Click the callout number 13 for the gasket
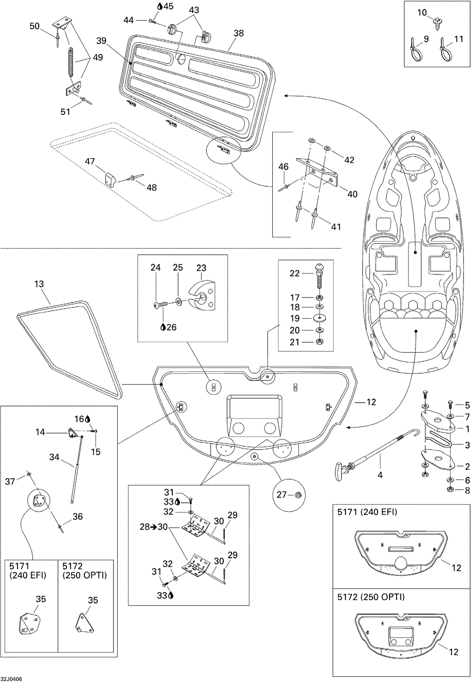(39, 284)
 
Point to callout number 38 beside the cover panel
(239, 33)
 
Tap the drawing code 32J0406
(11, 679)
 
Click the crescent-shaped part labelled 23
(203, 298)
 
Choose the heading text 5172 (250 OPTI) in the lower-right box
(371, 597)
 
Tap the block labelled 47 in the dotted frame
(110, 179)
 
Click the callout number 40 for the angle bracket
(352, 194)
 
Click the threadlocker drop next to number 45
(159, 6)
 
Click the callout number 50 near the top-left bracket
(34, 26)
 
